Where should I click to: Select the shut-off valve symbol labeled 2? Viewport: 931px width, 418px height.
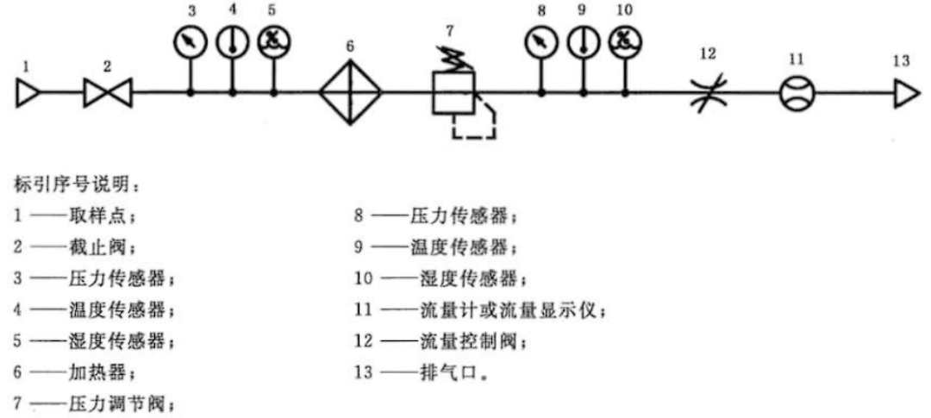[x=108, y=92]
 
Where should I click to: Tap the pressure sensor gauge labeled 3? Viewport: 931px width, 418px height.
[x=190, y=42]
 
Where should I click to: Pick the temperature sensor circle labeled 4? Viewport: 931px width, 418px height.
[x=232, y=42]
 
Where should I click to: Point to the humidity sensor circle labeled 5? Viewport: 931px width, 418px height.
[x=274, y=42]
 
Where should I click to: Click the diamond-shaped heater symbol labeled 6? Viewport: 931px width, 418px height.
[x=350, y=92]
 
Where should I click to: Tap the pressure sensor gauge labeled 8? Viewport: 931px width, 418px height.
[x=541, y=42]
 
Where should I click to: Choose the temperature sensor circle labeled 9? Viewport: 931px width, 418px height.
[x=584, y=42]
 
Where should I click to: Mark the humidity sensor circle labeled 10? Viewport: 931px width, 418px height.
[x=626, y=42]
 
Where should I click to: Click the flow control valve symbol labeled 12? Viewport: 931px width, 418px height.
[x=709, y=92]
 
